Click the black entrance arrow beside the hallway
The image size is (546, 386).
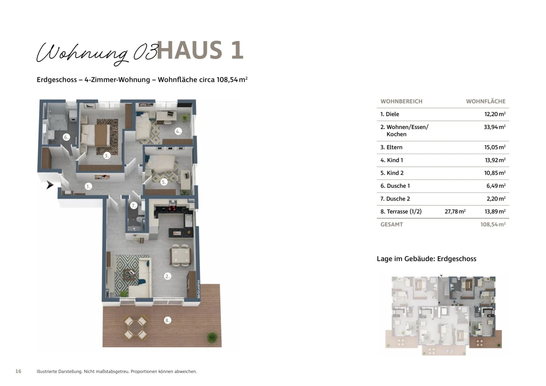coord(50,185)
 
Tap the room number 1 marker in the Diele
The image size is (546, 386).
coord(88,187)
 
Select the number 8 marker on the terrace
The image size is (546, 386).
coord(167,320)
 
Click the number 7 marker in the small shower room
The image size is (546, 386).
coord(134,205)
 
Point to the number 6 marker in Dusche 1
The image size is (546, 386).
coord(66,137)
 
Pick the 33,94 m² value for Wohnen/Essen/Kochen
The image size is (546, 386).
coord(494,127)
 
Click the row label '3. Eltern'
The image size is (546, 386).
coord(391,147)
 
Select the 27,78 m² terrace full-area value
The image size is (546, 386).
coord(455,211)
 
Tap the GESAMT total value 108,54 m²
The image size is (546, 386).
coord(493,224)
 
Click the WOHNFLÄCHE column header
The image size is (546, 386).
coord(486,101)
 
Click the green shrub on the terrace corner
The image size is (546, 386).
coord(212,337)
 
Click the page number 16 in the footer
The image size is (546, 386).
coord(18,371)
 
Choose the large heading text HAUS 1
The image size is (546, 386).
coord(200,50)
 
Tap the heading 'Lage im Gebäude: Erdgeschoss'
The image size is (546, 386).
coord(426,259)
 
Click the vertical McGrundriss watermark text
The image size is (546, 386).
coord(198,289)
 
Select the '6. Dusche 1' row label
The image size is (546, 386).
coord(395,186)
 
